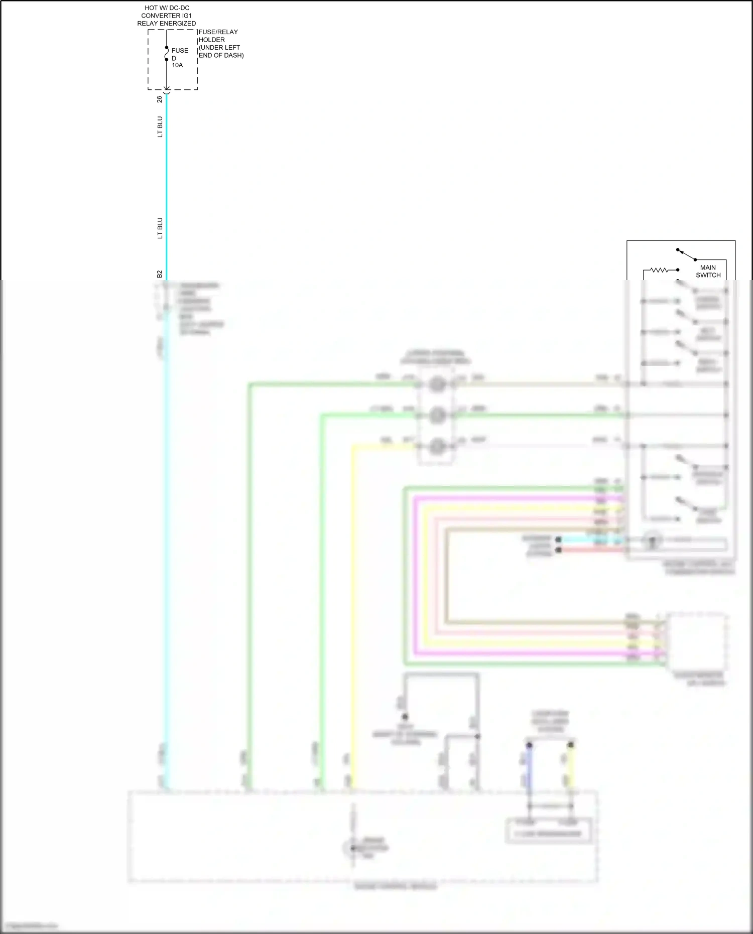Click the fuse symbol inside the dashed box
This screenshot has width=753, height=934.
[x=167, y=55]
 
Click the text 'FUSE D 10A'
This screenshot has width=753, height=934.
[x=180, y=58]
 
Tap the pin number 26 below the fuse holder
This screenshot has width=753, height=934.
[x=160, y=99]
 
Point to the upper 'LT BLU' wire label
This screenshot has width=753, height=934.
[x=160, y=126]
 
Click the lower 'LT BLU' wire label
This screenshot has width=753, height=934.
[x=160, y=228]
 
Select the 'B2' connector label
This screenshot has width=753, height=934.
[x=160, y=274]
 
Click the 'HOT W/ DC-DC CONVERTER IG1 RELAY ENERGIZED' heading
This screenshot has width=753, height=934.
[x=167, y=16]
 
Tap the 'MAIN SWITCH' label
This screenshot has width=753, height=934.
[x=708, y=271]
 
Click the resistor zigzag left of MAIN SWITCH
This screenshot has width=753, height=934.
[x=659, y=270]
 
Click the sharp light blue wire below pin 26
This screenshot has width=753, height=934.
[x=167, y=191]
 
